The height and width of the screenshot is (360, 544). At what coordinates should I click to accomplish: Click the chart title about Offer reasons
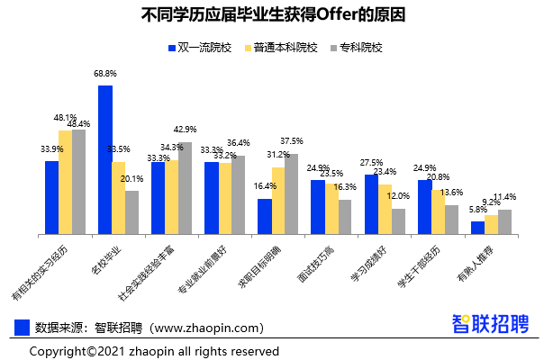point(273,15)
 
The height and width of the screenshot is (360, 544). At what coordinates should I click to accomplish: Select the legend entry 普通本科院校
point(278,47)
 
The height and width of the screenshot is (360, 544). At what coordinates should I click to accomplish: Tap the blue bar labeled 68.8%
point(105,159)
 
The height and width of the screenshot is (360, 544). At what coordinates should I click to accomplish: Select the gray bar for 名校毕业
point(131,212)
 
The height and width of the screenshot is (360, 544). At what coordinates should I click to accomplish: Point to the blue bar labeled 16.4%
point(264,216)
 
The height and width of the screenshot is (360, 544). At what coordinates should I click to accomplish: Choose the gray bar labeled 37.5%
point(291,193)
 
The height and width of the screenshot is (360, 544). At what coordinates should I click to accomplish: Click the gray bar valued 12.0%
point(397,221)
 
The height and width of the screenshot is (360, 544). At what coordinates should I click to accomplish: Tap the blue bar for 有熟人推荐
point(477,228)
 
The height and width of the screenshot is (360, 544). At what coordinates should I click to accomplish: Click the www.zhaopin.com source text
point(207,328)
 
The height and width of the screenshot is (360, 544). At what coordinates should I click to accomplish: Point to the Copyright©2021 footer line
point(154,350)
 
